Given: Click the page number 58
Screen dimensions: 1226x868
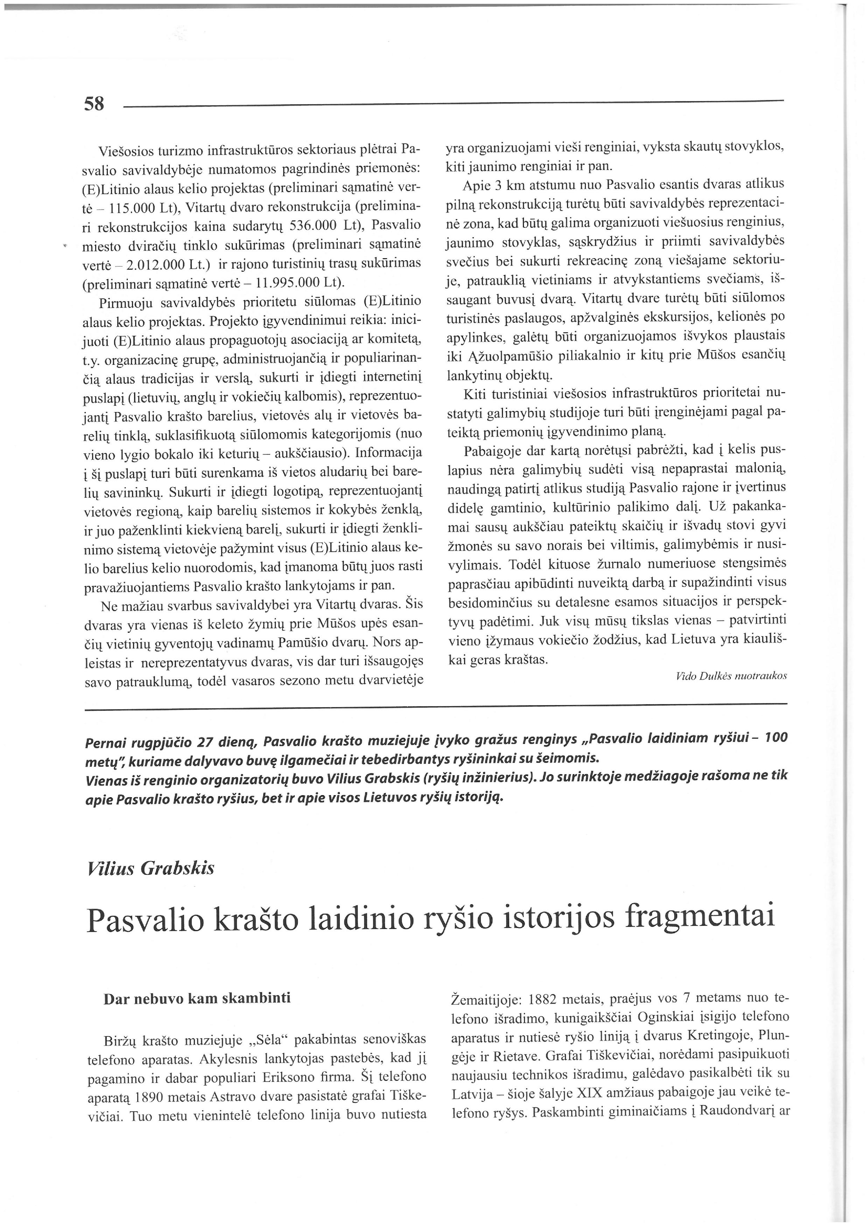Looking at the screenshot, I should click(94, 104).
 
